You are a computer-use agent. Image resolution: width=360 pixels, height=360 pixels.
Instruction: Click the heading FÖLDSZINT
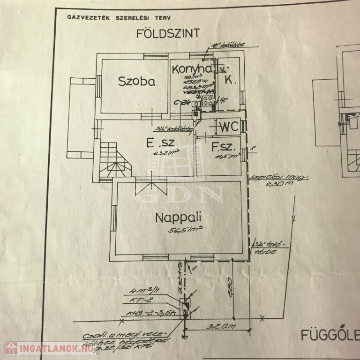click(x=168, y=33)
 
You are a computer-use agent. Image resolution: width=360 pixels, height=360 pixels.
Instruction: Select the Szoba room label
click(x=136, y=81)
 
